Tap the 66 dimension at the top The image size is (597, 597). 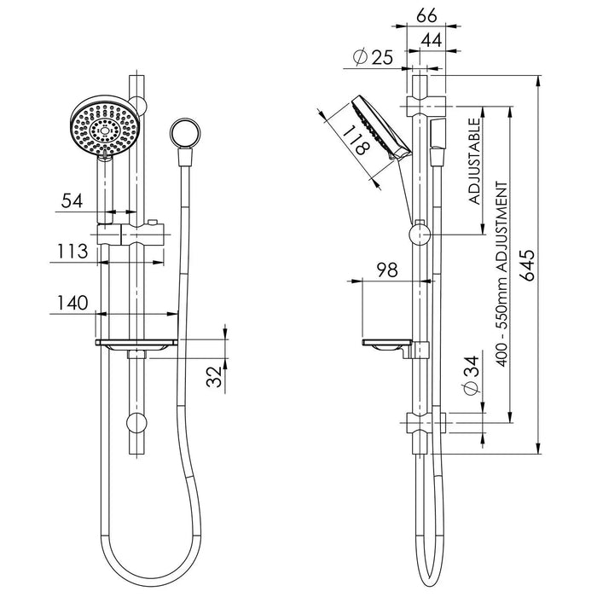tap(426, 16)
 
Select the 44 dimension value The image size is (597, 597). tap(432, 40)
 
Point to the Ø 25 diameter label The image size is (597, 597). tap(373, 57)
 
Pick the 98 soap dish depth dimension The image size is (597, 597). tap(387, 270)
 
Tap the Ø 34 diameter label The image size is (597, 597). tap(470, 375)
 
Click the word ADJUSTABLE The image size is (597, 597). tap(474, 161)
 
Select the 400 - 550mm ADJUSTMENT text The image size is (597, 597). tap(502, 274)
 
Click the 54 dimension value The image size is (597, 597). tap(72, 201)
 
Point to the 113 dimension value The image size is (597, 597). tap(72, 252)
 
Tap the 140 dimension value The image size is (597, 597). tap(72, 303)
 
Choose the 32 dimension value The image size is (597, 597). tap(214, 377)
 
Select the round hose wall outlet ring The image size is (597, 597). tap(184, 132)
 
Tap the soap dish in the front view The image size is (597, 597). tap(136, 345)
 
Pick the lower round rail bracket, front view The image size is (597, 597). tap(136, 423)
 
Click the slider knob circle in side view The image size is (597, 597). tap(420, 235)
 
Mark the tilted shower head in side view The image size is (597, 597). tap(380, 128)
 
